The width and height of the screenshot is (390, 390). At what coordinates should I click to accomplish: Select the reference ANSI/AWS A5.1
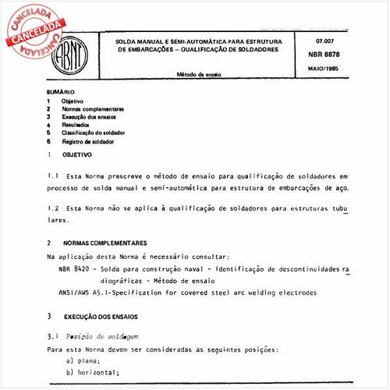click(86, 292)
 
